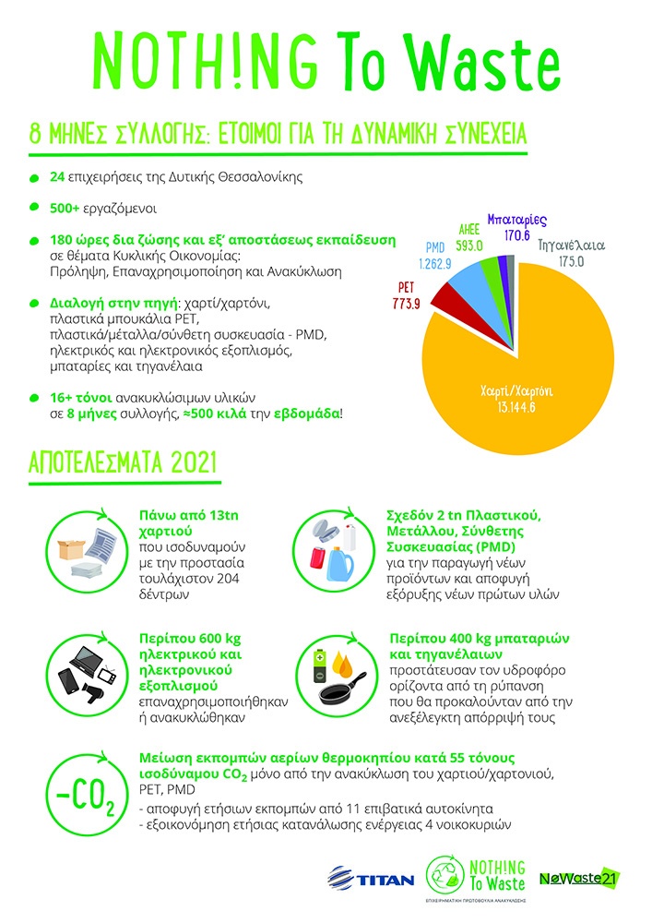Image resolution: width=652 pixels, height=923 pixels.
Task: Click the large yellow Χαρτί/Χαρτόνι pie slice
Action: click(516, 369)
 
